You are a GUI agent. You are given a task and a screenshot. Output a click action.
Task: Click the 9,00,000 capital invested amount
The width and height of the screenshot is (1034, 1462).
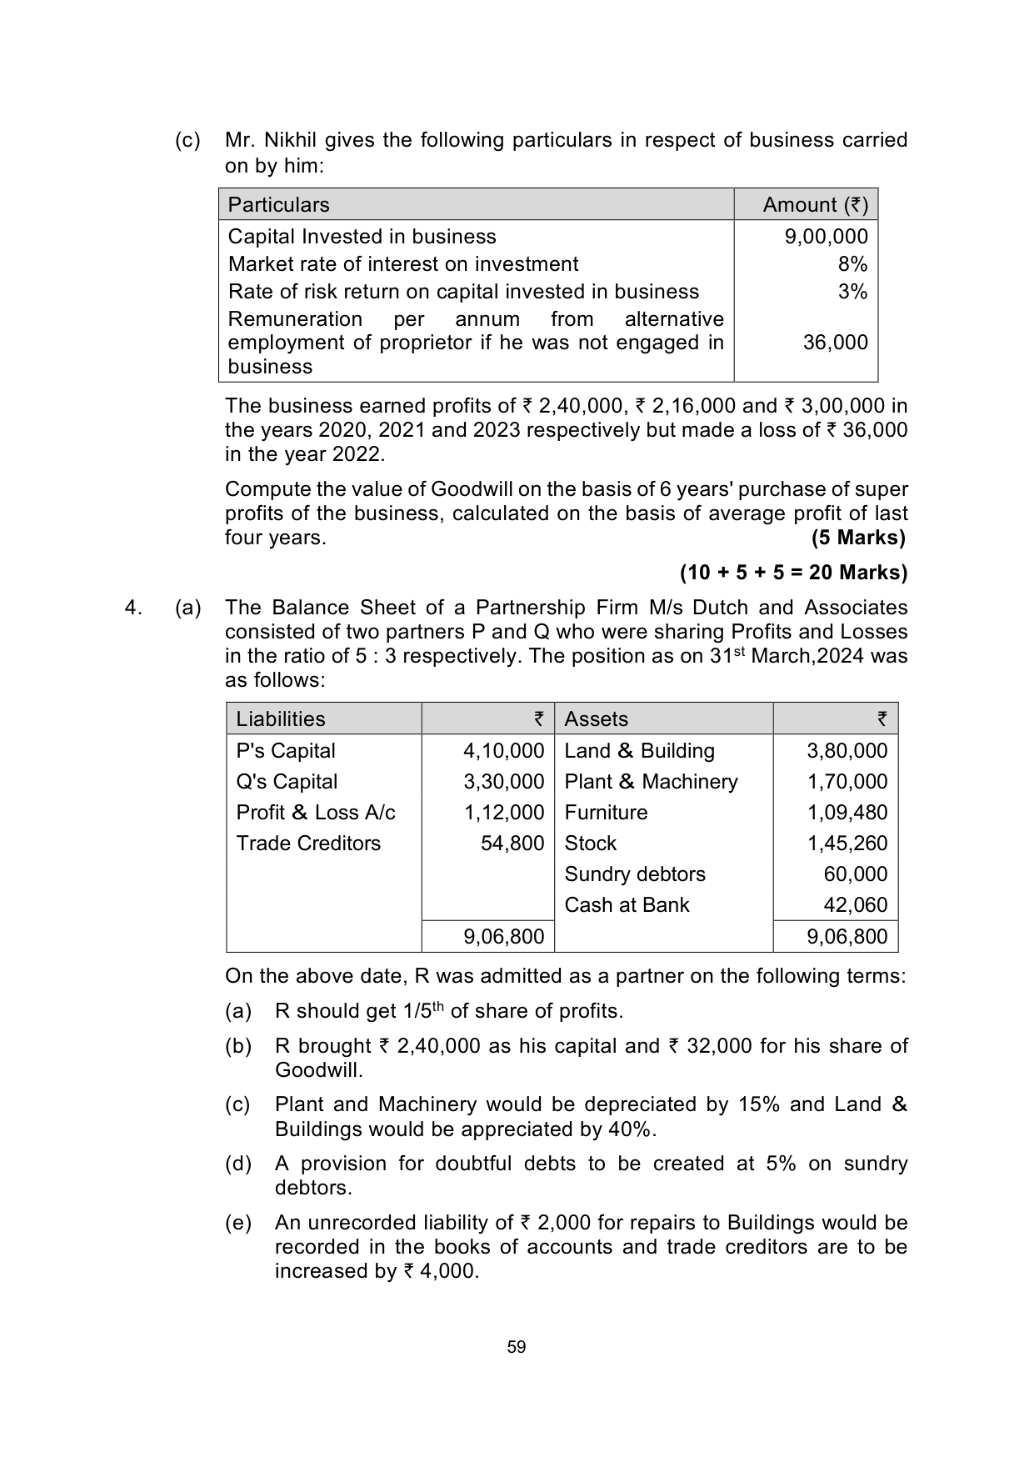tap(826, 237)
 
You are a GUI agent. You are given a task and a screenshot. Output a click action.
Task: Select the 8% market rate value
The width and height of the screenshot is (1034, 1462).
tap(852, 264)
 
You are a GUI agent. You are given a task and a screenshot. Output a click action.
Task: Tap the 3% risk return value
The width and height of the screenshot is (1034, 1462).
tap(852, 292)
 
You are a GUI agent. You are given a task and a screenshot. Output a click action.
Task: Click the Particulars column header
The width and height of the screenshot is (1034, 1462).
tap(278, 205)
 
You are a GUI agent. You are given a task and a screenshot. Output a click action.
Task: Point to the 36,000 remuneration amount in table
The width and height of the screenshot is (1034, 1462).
tap(835, 343)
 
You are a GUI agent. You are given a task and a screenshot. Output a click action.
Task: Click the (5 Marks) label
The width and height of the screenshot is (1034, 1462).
tap(858, 538)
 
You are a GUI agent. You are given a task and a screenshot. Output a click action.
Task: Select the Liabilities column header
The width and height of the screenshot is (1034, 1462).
tap(280, 719)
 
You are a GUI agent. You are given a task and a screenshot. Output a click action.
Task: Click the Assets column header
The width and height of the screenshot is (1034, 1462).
tap(596, 719)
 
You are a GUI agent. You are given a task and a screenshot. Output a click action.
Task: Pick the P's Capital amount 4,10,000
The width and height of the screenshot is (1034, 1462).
tap(503, 751)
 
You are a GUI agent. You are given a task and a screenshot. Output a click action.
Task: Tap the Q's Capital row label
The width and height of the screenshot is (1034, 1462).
tap(287, 782)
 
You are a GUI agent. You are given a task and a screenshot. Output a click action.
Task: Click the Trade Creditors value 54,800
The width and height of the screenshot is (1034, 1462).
tap(512, 844)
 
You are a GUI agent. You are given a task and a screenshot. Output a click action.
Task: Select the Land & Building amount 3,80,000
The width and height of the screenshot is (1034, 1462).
tap(847, 751)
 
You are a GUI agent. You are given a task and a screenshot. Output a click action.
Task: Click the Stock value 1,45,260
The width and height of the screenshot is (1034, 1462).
tap(847, 844)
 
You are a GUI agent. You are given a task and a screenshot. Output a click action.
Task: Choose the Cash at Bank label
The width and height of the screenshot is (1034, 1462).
tap(627, 905)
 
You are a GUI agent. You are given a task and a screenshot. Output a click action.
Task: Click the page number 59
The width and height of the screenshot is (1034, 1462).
tap(517, 1347)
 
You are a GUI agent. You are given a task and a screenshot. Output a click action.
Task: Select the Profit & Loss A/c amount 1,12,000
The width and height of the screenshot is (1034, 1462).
tap(503, 813)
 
